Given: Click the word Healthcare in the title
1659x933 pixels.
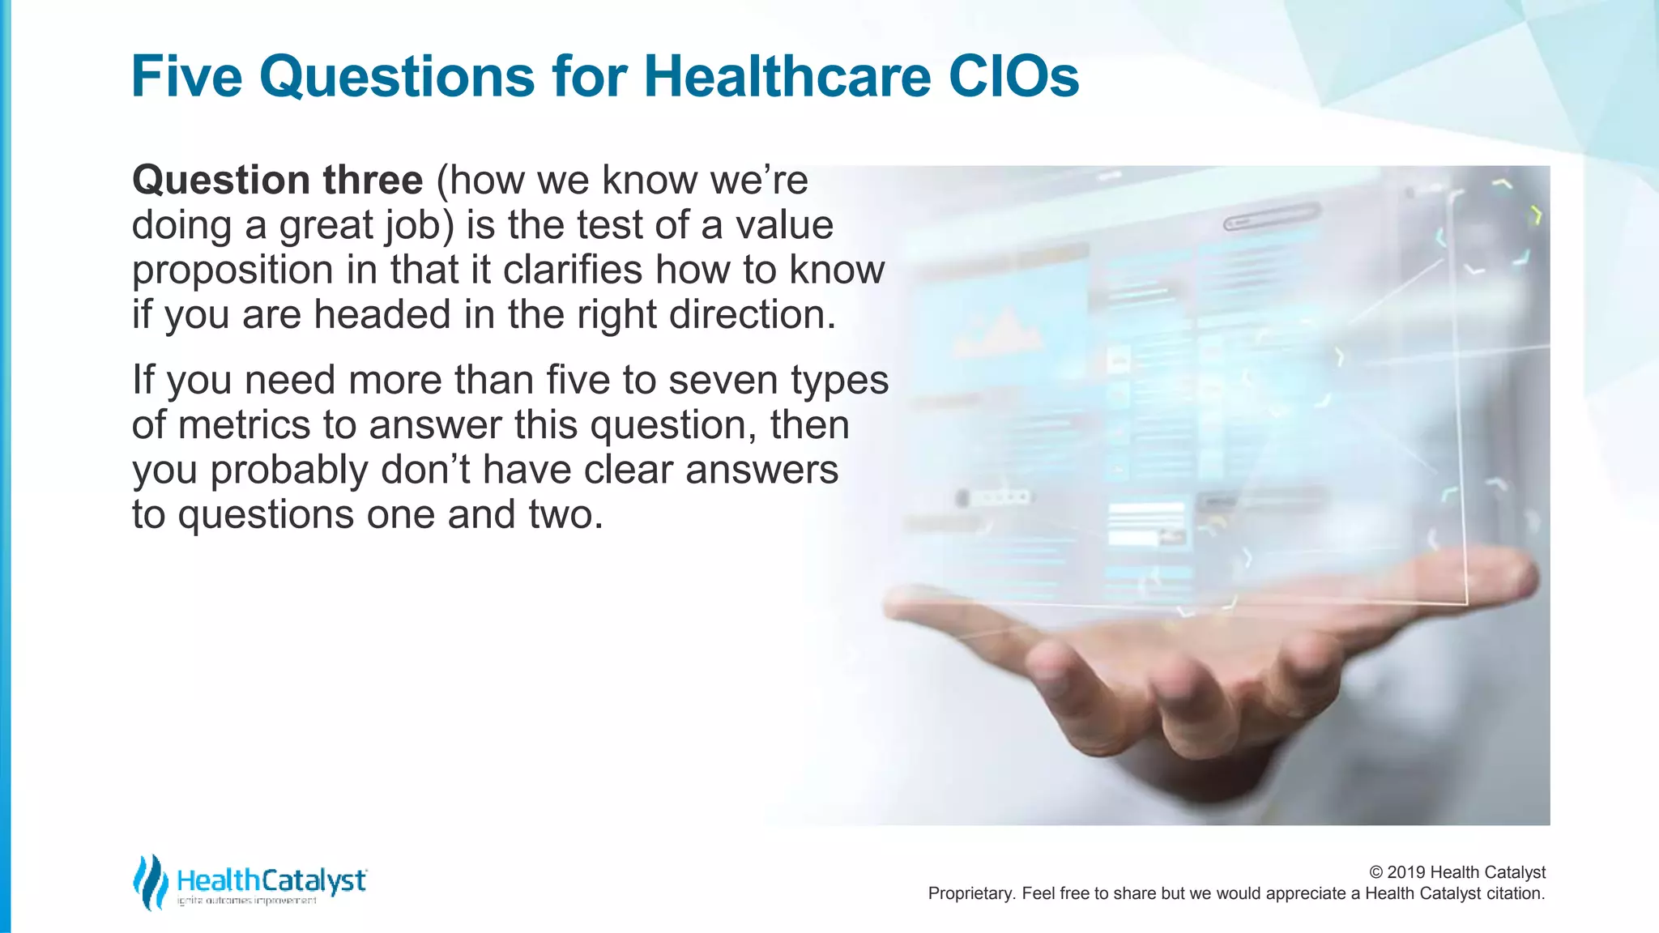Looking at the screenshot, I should coord(787,77).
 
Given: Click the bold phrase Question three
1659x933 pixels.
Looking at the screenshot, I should coord(277,180).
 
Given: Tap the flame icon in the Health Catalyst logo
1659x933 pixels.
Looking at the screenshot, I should coord(150,882).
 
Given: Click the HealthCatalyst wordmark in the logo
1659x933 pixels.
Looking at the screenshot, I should coord(271,880).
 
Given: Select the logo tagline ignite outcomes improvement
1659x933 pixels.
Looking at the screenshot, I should coord(247,901).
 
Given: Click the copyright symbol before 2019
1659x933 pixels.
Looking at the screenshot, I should coord(1375,872).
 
